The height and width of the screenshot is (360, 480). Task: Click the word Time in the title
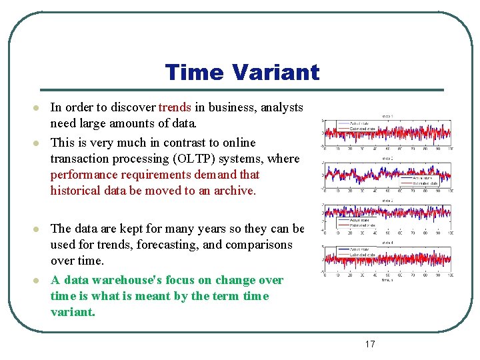(196, 72)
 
